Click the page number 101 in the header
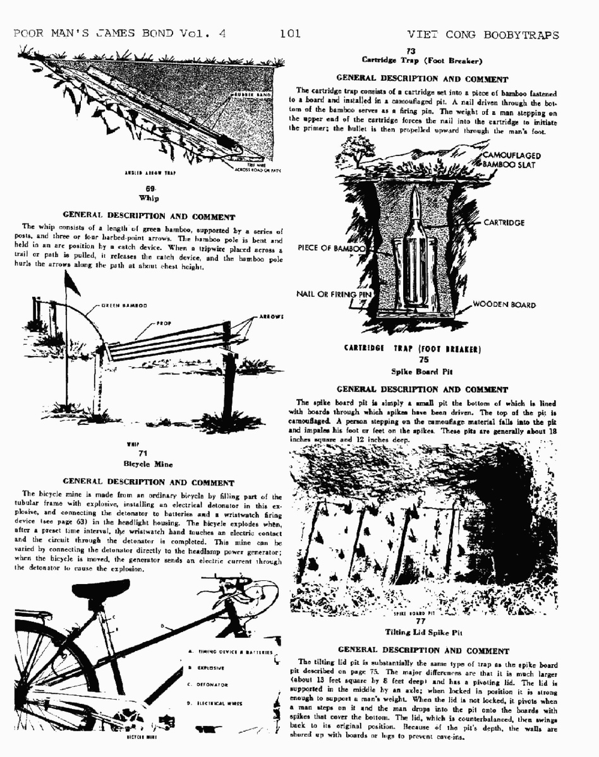pyautogui.click(x=290, y=33)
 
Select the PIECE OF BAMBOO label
pyautogui.click(x=332, y=248)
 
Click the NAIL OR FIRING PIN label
pyautogui.click(x=335, y=294)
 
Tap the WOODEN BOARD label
pyautogui.click(x=505, y=305)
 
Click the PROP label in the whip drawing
pyautogui.click(x=164, y=323)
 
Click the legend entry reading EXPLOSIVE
pyautogui.click(x=211, y=667)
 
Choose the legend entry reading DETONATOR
pyautogui.click(x=212, y=684)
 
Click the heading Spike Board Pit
pyautogui.click(x=423, y=371)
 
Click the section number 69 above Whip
pyautogui.click(x=150, y=188)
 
